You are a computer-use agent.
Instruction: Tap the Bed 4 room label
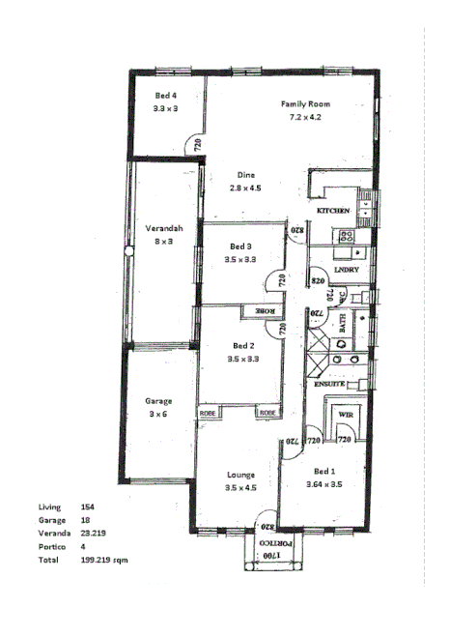click(166, 96)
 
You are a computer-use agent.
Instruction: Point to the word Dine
click(246, 175)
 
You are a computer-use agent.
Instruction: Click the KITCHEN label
click(332, 210)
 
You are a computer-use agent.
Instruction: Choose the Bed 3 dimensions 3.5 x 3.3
click(240, 259)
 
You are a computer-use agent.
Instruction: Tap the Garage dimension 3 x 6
click(158, 414)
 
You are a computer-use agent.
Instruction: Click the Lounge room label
click(240, 475)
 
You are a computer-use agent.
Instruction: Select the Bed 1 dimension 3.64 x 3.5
click(324, 484)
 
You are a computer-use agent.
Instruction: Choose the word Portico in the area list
click(52, 546)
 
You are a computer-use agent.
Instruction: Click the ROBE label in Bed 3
click(263, 311)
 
